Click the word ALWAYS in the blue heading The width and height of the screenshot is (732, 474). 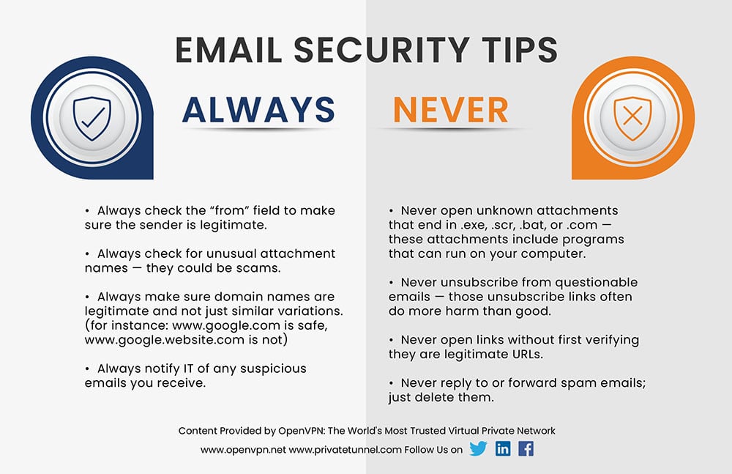tap(258, 110)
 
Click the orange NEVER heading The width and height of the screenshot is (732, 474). tap(450, 110)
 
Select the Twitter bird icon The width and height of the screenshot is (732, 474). tap(478, 448)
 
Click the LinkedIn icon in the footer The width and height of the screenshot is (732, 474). tap(503, 448)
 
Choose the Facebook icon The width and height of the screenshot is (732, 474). tap(526, 448)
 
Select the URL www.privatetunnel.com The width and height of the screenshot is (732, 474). tap(346, 449)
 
